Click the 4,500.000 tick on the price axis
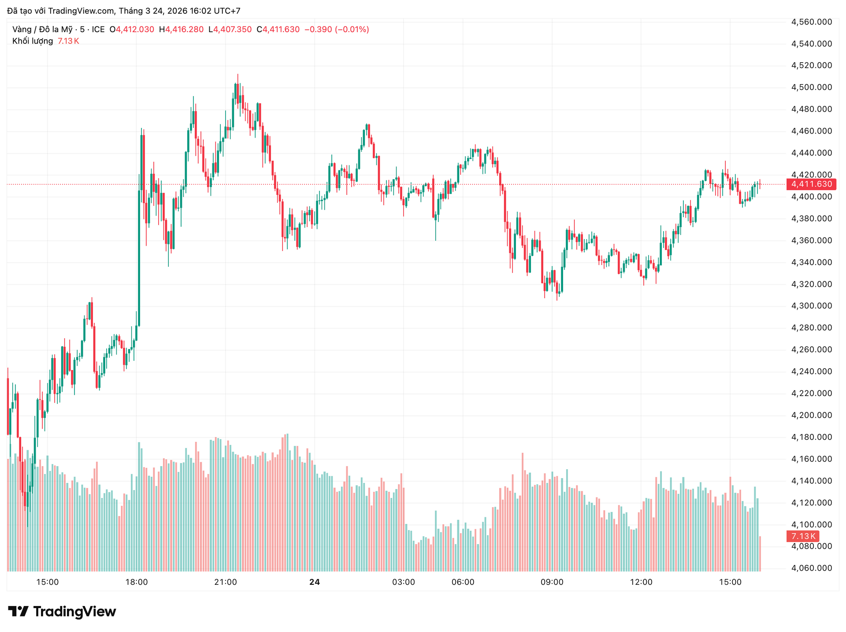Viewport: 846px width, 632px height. [x=812, y=87]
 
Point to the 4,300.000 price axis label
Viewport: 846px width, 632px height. [x=812, y=306]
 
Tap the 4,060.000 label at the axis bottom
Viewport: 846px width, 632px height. [x=812, y=568]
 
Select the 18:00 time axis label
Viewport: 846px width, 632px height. [x=137, y=582]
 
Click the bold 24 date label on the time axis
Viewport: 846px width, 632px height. [x=314, y=582]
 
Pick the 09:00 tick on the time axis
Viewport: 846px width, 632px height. [x=552, y=582]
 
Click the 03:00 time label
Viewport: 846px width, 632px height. [x=404, y=582]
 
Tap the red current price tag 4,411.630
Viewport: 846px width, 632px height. [x=811, y=184]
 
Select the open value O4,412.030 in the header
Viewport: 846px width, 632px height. [x=132, y=30]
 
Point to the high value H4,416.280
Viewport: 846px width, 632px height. [x=181, y=30]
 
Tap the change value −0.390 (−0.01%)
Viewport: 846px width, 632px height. [x=337, y=30]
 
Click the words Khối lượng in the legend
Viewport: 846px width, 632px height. [x=33, y=41]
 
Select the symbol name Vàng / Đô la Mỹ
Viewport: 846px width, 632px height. [x=42, y=30]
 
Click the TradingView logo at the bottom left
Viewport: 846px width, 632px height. [x=62, y=611]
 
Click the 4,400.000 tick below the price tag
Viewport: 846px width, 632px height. [x=812, y=197]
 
